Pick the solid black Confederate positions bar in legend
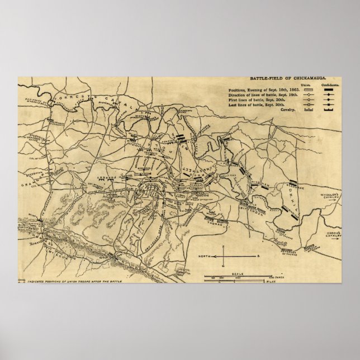click(x=330, y=90)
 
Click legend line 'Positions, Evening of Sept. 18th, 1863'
click(x=264, y=90)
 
